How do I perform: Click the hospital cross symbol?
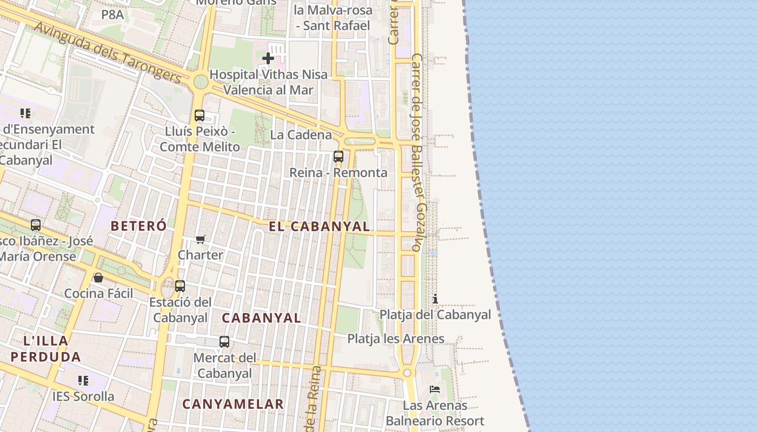(x=268, y=58)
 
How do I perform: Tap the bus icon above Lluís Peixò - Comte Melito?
(x=200, y=115)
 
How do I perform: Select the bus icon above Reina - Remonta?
(x=338, y=157)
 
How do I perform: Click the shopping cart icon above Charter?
(x=201, y=239)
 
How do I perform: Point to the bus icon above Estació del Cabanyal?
(x=180, y=286)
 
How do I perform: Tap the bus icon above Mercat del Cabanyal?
(x=224, y=341)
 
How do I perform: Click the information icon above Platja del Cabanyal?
(x=435, y=299)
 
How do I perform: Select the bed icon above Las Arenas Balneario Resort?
(x=435, y=389)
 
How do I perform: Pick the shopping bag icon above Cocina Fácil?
(x=98, y=278)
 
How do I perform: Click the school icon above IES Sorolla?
(x=83, y=381)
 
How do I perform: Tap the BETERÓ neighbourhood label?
(x=138, y=226)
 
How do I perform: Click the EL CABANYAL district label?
(x=320, y=227)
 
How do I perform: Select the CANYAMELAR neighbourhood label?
(x=233, y=404)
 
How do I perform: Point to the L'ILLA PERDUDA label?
(x=46, y=349)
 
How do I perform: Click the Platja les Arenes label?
(x=396, y=339)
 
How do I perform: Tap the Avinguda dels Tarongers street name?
(x=108, y=52)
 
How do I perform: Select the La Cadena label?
(x=301, y=135)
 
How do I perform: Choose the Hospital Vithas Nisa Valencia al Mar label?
(x=269, y=82)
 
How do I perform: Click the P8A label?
(x=112, y=15)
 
